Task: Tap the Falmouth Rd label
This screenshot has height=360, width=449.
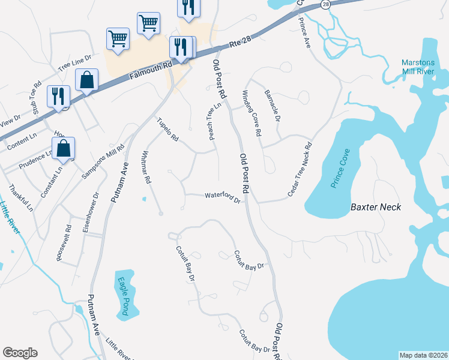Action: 151,68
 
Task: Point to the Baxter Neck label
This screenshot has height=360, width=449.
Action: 375,207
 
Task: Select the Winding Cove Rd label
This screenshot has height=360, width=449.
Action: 252,112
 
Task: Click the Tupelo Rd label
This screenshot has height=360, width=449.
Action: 168,130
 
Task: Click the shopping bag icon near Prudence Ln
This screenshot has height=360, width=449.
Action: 64,148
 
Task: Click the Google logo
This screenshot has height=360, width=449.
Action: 20,353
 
